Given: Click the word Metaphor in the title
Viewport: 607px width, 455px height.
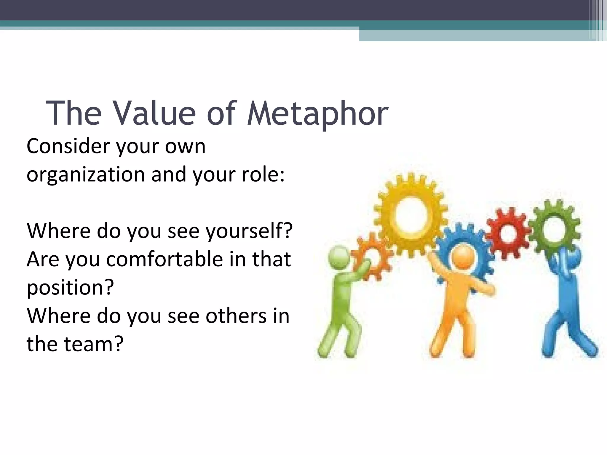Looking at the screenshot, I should (317, 114).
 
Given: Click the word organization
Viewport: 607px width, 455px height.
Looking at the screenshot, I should (86, 175).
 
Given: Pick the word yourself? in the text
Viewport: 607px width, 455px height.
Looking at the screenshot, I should (249, 231).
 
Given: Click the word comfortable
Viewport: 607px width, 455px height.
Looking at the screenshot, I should (164, 259).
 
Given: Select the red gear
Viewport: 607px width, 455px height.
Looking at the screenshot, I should (508, 233).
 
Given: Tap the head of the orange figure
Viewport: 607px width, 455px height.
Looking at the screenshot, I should (463, 255).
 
